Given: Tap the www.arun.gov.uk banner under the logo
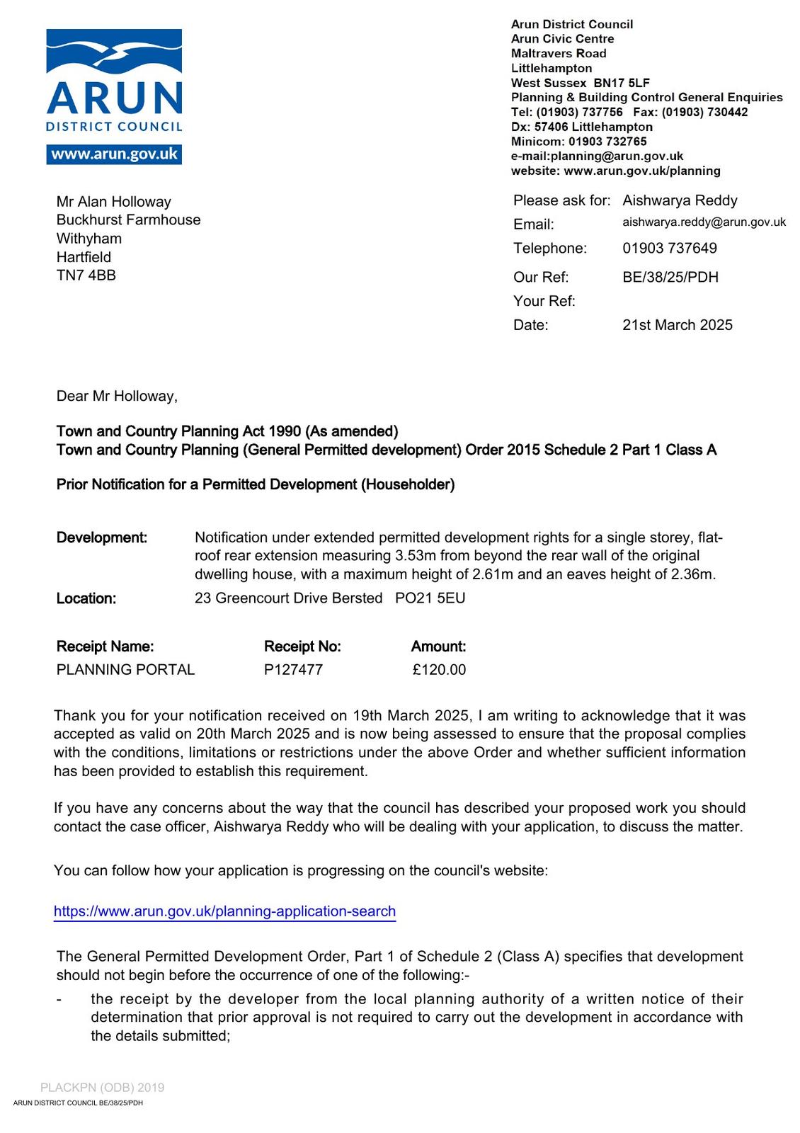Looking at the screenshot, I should coord(114,154).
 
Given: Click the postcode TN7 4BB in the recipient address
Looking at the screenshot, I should coord(86,275).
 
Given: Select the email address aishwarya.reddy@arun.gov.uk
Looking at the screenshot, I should coord(704,222).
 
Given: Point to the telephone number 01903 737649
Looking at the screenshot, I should coord(669,248).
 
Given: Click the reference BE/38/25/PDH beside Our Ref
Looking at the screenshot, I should coord(670,277).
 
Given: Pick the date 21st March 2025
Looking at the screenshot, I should coord(677,325).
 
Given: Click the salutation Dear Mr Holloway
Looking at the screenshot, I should coord(117,396).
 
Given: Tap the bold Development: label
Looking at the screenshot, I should coord(102,537).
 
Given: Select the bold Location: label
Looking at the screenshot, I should coord(86,598).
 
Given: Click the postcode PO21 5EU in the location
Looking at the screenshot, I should coord(430,598).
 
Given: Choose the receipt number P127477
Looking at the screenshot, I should coord(293,669).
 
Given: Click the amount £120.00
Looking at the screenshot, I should coord(439,669).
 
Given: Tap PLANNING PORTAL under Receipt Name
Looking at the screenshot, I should coord(125,669).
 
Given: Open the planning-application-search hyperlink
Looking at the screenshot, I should coord(224,911).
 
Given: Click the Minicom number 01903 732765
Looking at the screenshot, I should coord(607,142).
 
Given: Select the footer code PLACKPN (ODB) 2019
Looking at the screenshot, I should coord(102,1088).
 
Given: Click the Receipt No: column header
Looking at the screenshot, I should coord(302,647).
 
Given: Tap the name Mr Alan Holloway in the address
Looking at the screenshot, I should coord(114,202).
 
